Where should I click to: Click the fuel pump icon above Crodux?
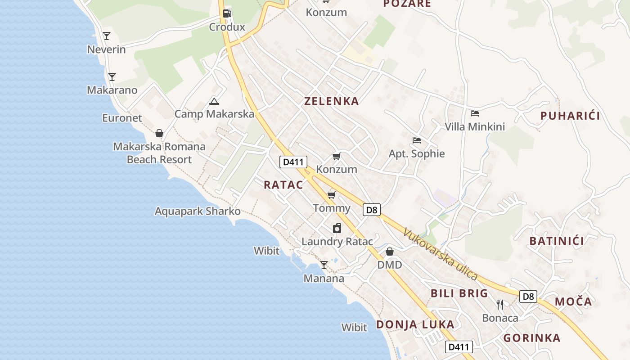(x=227, y=13)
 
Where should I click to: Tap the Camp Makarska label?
(x=214, y=114)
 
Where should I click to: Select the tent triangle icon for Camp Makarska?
(x=214, y=101)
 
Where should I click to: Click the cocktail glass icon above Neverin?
(x=107, y=36)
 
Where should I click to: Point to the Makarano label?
(x=112, y=90)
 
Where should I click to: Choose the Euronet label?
(x=122, y=118)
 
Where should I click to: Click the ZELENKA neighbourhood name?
(x=332, y=101)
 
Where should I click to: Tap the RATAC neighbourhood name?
(x=283, y=184)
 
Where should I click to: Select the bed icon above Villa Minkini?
(x=475, y=113)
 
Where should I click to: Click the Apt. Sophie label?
(x=417, y=154)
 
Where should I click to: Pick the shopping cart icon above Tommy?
(x=332, y=195)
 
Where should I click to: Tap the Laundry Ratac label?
(x=337, y=242)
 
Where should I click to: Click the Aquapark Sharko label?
(x=198, y=211)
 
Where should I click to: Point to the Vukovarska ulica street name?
(x=440, y=254)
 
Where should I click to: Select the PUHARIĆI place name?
(x=570, y=116)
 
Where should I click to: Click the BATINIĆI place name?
(x=557, y=241)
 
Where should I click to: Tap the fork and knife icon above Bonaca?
(x=500, y=305)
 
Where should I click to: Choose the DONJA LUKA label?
(x=415, y=324)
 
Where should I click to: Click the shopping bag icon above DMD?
(x=390, y=252)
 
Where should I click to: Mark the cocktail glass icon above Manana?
(x=324, y=265)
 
